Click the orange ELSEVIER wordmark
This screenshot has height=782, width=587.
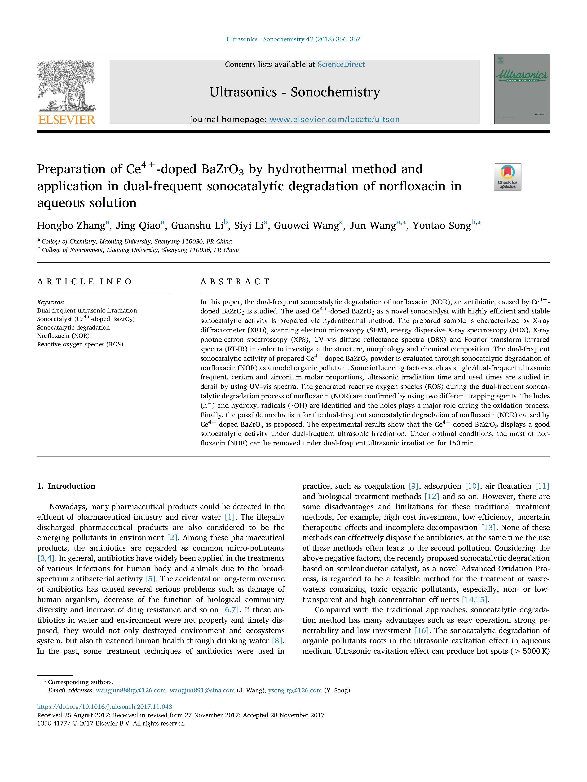pyautogui.click(x=66, y=120)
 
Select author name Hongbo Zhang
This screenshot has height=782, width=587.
pyautogui.click(x=71, y=226)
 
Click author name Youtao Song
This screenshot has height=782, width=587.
pyautogui.click(x=441, y=226)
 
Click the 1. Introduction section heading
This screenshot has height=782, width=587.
pyautogui.click(x=66, y=486)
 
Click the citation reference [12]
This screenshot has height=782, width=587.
pyautogui.click(x=431, y=496)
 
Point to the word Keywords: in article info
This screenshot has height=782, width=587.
pyautogui.click(x=51, y=302)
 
